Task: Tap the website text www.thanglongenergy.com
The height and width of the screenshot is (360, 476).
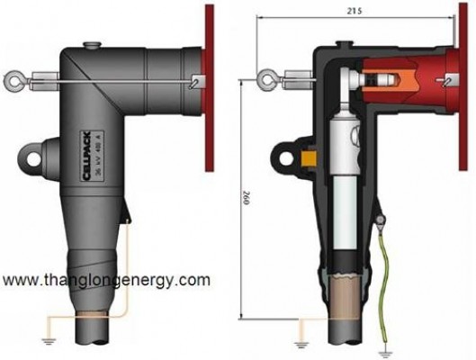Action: (x=106, y=280)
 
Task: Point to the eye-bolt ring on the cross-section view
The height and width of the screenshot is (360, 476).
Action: (x=266, y=80)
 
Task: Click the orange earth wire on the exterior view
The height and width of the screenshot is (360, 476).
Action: (x=126, y=270)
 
